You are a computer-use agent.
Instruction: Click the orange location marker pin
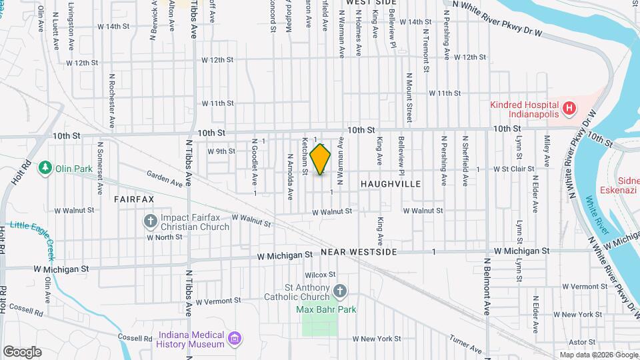pyautogui.click(x=321, y=159)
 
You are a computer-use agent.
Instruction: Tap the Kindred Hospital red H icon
pyautogui.click(x=569, y=107)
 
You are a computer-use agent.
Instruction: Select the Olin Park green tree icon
pyautogui.click(x=45, y=167)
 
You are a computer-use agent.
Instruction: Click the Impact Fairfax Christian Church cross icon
pyautogui.click(x=151, y=220)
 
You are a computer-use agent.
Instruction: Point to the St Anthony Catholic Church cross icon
pyautogui.click(x=340, y=291)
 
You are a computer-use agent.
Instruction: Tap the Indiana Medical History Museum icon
pyautogui.click(x=233, y=338)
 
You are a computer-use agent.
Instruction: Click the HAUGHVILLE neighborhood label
pyautogui.click(x=391, y=183)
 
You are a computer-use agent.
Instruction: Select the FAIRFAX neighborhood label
pyautogui.click(x=133, y=199)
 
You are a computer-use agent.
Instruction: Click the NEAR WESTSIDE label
pyautogui.click(x=359, y=253)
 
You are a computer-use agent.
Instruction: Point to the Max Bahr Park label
pyautogui.click(x=327, y=309)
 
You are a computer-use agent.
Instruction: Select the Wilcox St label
pyautogui.click(x=320, y=275)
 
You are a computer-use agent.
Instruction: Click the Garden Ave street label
pyautogui.click(x=165, y=179)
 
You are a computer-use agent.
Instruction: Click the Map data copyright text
pyautogui.click(x=598, y=355)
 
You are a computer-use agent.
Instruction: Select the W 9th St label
pyautogui.click(x=221, y=151)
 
